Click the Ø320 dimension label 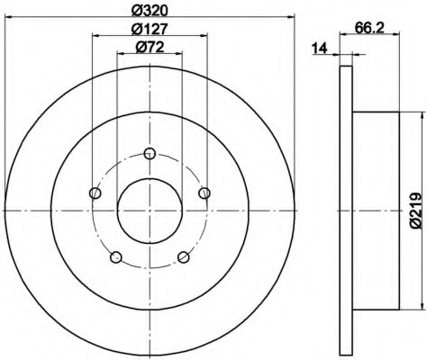pos(150,11)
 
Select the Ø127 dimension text pos(150,29)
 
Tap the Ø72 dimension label pos(150,47)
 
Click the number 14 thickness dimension pos(319,48)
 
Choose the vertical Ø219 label pos(417,211)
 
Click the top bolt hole pos(150,154)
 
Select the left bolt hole pos(95,193)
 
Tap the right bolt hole pos(204,193)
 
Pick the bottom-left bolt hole pos(116,257)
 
